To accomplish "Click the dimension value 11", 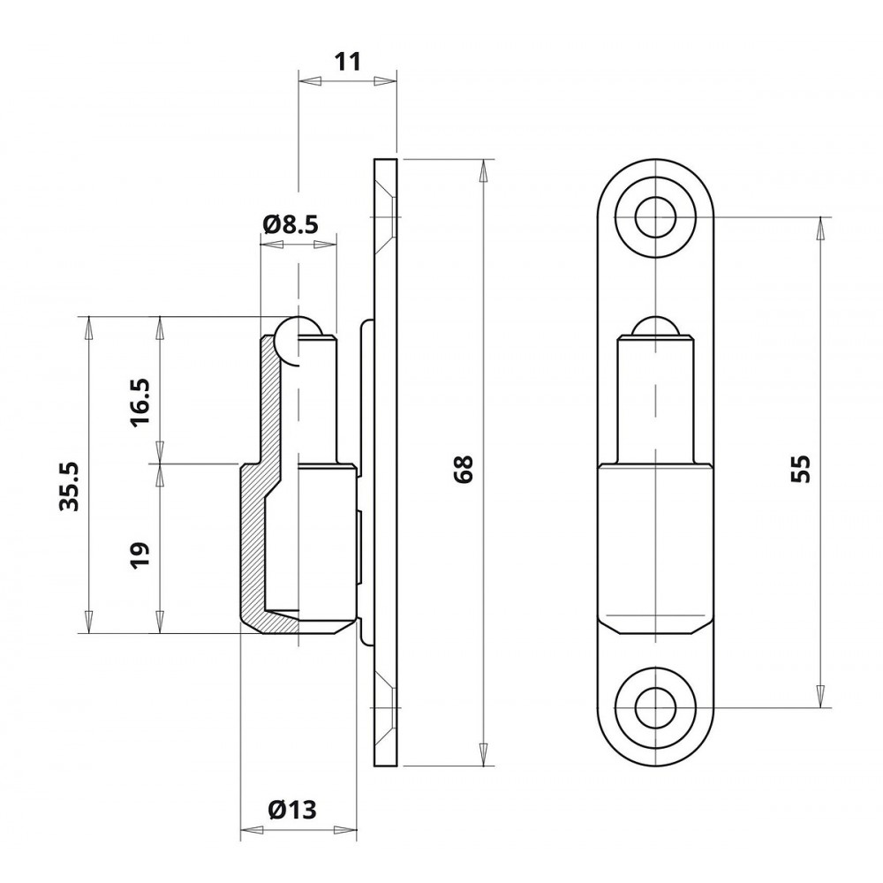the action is (347, 62).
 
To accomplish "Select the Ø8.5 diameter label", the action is (291, 224).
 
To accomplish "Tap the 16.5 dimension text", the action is (140, 402).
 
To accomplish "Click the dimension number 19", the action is (140, 555).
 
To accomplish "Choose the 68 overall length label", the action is (464, 469).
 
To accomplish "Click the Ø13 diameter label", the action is (293, 810).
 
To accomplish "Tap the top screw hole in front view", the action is (655, 217).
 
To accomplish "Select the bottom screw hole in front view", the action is (655, 707).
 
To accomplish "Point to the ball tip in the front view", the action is (655, 327).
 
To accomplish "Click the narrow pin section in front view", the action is (655, 400).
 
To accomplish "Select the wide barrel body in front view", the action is (655, 547).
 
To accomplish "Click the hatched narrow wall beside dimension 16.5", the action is (270, 405).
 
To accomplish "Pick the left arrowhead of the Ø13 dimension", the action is (252, 829).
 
